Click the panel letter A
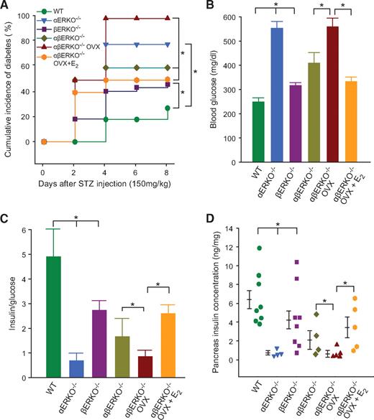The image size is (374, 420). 6,6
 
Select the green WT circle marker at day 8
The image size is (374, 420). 167,108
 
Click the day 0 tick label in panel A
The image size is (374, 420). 42,154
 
